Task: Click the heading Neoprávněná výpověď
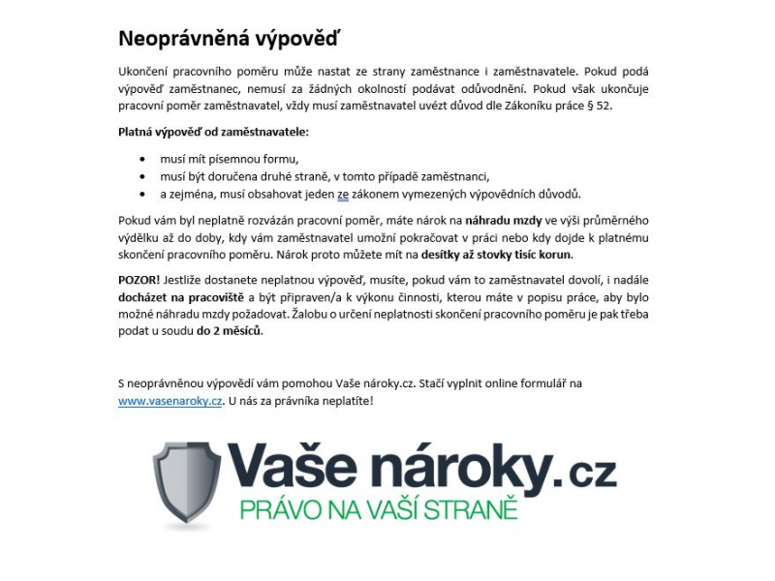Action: click(230, 39)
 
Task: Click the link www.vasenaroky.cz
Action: click(170, 401)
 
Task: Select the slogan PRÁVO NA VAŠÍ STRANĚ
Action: click(379, 509)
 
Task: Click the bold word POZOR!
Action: click(139, 279)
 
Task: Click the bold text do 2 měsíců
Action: click(229, 331)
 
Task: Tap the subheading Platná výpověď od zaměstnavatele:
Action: click(212, 131)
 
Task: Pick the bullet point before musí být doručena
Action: click(143, 176)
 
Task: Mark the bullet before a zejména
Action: click(143, 194)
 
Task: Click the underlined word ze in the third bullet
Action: click(343, 194)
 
